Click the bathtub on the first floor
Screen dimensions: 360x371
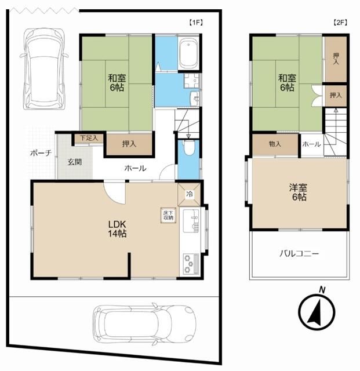pos(188,54)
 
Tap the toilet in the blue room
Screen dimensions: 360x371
pos(188,148)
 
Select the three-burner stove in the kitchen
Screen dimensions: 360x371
pos(191,264)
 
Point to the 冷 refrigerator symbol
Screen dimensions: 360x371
pos(189,194)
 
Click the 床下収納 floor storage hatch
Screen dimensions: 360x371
pos(168,216)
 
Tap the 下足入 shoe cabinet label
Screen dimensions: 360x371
pos(89,138)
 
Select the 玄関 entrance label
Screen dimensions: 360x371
pos(75,162)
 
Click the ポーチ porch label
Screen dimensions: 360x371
pos(41,153)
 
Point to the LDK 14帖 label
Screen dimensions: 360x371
pos(117,228)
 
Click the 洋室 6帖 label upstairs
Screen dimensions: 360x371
pos(298,192)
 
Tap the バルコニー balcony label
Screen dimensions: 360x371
pos(299,254)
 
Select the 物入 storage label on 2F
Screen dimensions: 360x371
pos(275,144)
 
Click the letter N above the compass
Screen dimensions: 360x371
pos(322,290)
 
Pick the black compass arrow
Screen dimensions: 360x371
pos(315,312)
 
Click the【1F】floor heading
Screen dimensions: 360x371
pos(196,23)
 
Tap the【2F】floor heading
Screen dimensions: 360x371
pos(340,23)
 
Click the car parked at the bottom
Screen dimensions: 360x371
pos(144,323)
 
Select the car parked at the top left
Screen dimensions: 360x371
pos(43,69)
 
